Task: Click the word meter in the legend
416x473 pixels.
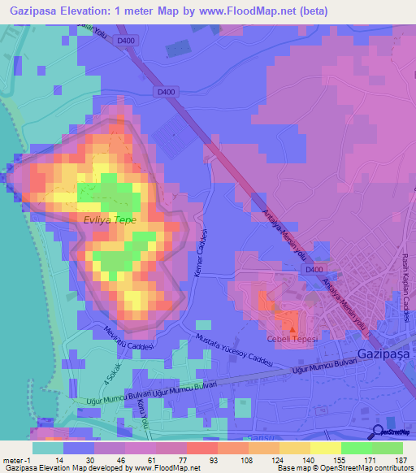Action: pyautogui.click(x=12, y=459)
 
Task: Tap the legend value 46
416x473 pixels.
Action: pyautogui.click(x=120, y=459)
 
